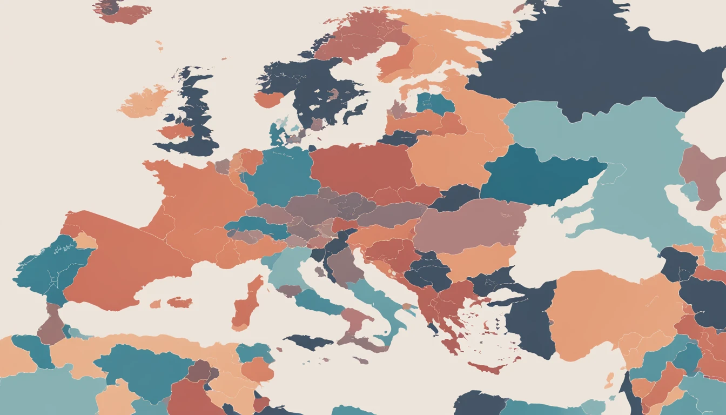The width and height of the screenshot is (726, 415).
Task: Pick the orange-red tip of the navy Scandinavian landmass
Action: point(268,99)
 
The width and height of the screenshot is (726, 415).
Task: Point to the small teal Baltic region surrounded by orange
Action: point(435,103)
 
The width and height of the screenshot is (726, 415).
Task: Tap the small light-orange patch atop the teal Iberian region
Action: point(85,241)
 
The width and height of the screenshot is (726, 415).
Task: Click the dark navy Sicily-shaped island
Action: point(308,342)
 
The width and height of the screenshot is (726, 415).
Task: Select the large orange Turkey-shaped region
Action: point(610,313)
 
